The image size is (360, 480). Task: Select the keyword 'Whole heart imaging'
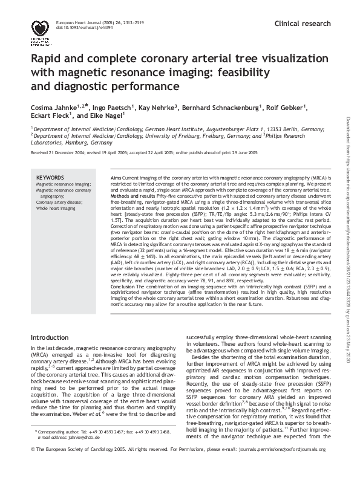pyautogui.click(x=56, y=207)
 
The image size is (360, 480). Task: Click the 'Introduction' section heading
pyautogui.click(x=50, y=336)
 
